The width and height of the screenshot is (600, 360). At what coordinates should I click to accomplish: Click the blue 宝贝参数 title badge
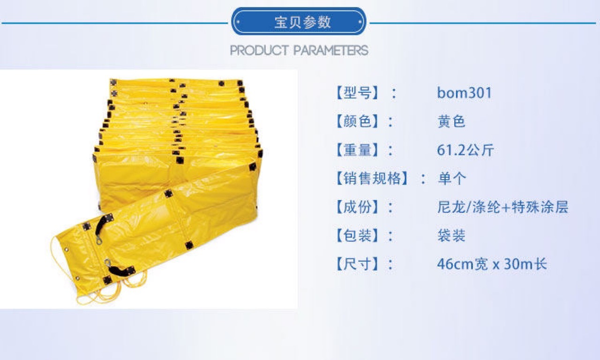(x=299, y=22)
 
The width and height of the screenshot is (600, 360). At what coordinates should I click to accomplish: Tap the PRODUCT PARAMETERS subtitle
(x=299, y=50)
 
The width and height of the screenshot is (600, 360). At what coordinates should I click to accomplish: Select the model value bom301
(x=465, y=93)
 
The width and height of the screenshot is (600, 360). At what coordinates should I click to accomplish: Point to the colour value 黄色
(x=451, y=121)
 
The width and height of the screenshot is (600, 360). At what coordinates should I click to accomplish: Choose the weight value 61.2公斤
(x=465, y=150)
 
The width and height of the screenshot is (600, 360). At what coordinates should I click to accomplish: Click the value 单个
(x=451, y=179)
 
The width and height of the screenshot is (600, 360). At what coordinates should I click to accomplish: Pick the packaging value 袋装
(x=451, y=236)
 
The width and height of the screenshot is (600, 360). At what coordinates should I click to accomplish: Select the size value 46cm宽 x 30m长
(x=492, y=264)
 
